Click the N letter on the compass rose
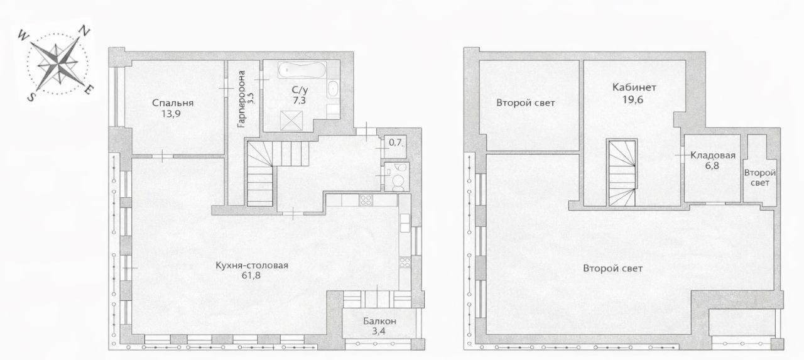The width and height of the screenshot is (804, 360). [84, 31]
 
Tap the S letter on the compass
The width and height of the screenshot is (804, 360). [31, 97]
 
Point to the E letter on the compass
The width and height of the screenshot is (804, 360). [87, 90]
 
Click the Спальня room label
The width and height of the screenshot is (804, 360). [173, 103]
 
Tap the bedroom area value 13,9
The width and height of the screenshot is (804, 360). [171, 114]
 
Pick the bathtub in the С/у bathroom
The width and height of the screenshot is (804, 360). [302, 69]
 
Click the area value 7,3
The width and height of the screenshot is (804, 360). [299, 101]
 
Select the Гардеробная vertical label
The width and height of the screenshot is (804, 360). [242, 99]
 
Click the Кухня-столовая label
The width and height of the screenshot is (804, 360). [252, 266]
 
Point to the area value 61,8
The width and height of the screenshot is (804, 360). [251, 276]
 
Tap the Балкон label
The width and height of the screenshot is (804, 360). [379, 321]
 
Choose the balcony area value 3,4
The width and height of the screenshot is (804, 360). [379, 331]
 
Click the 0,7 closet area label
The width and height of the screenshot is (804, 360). [395, 143]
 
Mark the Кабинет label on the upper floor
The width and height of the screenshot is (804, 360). [634, 87]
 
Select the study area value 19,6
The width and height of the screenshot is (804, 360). [633, 99]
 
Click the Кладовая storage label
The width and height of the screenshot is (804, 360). [713, 155]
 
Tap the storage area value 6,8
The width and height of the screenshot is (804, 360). [712, 166]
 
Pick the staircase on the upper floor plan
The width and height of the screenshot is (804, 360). [622, 173]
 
